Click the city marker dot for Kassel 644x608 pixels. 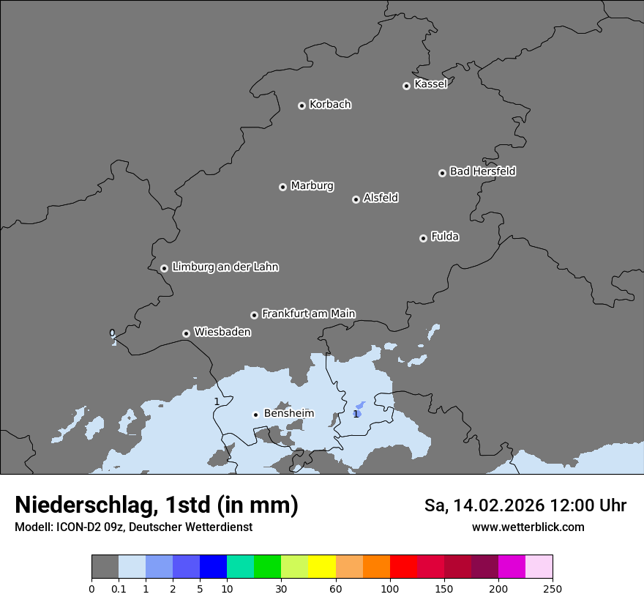pos(406,86)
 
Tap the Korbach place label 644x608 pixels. pos(330,105)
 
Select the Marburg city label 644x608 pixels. pos(312,186)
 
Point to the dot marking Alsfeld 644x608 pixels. pos(356,199)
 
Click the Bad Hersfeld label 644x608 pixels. pos(482,171)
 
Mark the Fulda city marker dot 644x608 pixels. pos(423,238)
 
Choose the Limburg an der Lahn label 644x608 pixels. pos(225,267)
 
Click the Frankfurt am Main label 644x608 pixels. pos(308,314)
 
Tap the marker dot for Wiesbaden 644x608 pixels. pos(186,333)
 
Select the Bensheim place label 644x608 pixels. pos(288,413)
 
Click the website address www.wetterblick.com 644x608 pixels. pos(528,527)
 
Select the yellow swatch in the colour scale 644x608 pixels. pos(321,567)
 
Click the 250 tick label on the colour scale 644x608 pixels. pos(553,588)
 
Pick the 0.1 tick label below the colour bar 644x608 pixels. pos(119,588)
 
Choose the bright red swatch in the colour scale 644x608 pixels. pos(403,567)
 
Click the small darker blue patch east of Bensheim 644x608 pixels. pos(358,410)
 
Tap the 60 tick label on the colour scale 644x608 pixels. pos(335,588)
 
